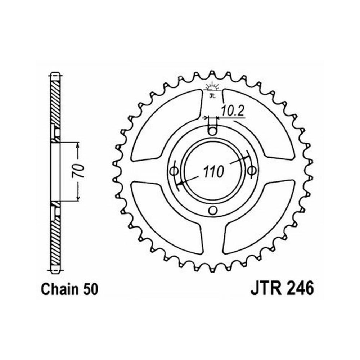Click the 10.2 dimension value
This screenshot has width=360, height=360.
[x=232, y=112]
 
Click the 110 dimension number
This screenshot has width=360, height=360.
[x=213, y=172]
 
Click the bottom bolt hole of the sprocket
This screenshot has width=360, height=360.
[x=213, y=210]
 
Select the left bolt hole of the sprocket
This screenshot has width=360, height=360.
[x=174, y=171]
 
